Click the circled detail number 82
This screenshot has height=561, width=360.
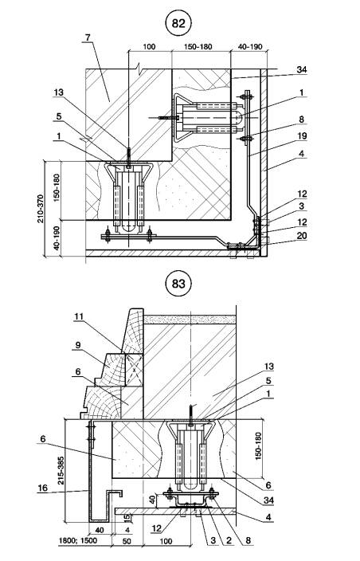click(x=178, y=24)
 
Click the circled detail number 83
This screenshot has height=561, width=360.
click(x=178, y=284)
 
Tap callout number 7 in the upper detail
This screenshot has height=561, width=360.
click(x=88, y=37)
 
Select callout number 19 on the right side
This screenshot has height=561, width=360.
click(x=302, y=136)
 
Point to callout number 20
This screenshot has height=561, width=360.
click(x=302, y=236)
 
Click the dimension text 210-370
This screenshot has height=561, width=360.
click(x=41, y=209)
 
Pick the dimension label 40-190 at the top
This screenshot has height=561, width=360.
click(x=250, y=47)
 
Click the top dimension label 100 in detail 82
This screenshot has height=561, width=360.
click(x=149, y=47)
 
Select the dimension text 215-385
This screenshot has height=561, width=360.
click(x=61, y=470)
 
